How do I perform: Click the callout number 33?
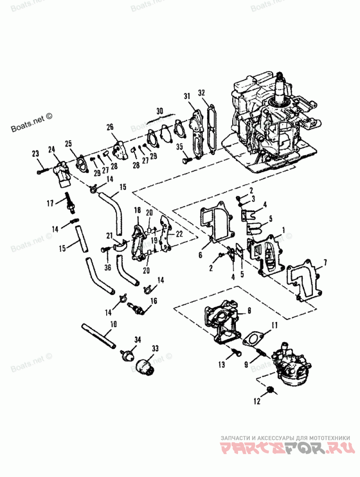tap(155, 348)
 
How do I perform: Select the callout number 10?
tap(113, 323)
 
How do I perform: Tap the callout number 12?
tap(257, 400)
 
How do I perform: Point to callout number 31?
tap(187, 96)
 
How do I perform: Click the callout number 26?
tap(110, 127)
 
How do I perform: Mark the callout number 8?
tap(249, 310)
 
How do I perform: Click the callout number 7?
tap(325, 262)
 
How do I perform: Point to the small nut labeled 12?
tap(271, 389)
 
